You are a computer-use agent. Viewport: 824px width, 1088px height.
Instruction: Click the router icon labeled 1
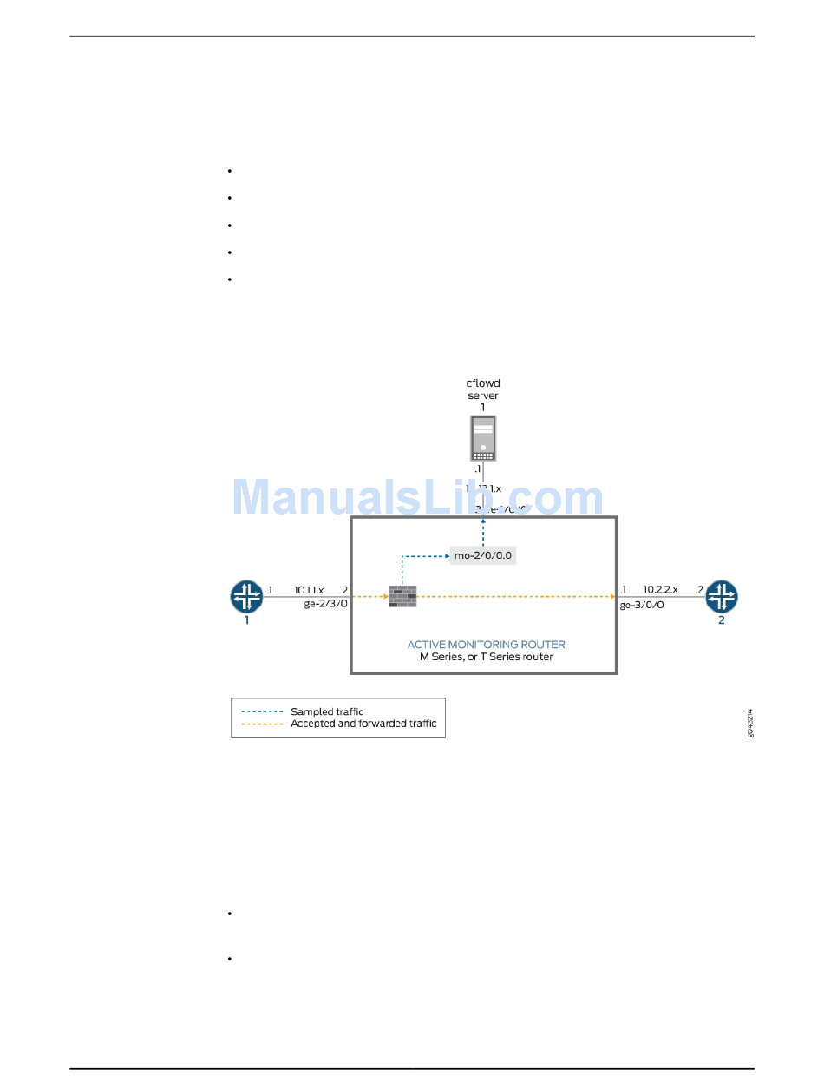[x=246, y=596]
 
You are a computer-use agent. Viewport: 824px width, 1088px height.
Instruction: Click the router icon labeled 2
[x=721, y=596]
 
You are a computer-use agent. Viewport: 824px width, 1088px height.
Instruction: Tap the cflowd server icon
[x=483, y=438]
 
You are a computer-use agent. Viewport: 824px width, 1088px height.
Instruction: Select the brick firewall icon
[x=402, y=596]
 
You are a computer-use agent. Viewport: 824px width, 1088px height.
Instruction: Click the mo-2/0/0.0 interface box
[x=483, y=555]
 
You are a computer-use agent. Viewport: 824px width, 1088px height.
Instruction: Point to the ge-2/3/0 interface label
[x=325, y=604]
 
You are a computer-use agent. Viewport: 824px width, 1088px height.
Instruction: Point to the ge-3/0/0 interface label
[x=642, y=606]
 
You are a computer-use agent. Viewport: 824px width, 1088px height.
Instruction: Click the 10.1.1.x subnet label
[x=309, y=590]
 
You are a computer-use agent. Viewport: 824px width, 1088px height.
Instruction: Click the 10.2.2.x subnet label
[x=661, y=590]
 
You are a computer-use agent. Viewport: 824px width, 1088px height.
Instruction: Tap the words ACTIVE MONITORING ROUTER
[x=486, y=645]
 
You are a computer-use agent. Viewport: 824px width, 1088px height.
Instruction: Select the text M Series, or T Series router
[x=486, y=657]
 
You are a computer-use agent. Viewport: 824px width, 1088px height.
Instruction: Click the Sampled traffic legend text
[x=327, y=711]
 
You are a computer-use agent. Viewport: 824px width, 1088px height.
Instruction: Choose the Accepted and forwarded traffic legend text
[x=363, y=724]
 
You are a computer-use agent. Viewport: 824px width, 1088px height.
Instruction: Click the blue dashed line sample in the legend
[x=262, y=711]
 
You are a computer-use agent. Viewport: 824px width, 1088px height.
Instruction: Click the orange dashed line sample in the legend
[x=262, y=724]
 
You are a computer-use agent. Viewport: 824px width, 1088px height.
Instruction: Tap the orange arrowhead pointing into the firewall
[x=384, y=596]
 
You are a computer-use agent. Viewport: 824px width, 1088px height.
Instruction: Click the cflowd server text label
[x=483, y=389]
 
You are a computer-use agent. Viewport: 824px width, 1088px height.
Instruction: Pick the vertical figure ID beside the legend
[x=750, y=723]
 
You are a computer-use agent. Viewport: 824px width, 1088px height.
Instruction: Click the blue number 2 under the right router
[x=721, y=621]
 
